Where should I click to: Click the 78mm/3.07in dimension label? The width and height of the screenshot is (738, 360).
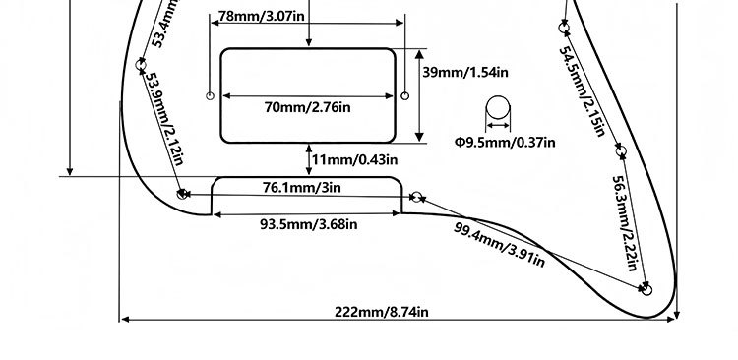(x=261, y=16)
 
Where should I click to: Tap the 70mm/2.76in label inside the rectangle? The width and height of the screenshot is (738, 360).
(x=307, y=107)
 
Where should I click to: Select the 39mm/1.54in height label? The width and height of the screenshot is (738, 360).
(x=465, y=73)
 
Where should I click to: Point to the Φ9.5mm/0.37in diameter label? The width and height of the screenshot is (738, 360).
(x=505, y=142)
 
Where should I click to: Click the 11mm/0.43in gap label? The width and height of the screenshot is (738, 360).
(x=354, y=160)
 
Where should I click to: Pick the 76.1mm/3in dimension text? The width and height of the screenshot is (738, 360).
(x=302, y=187)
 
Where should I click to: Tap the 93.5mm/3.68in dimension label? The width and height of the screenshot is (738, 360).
(x=309, y=224)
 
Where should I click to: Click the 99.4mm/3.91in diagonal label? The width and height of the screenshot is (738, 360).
(x=499, y=245)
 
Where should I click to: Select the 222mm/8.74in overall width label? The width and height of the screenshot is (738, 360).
(x=382, y=312)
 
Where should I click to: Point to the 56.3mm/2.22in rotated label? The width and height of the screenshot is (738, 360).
(x=625, y=223)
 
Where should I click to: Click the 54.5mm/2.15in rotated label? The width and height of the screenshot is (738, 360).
(x=582, y=91)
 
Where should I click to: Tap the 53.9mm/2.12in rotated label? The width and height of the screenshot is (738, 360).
(x=163, y=118)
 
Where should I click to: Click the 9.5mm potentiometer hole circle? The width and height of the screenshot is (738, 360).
(x=498, y=108)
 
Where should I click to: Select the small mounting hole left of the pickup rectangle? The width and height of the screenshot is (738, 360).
(x=211, y=96)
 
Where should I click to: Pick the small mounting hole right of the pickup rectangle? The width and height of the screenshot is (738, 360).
(x=404, y=96)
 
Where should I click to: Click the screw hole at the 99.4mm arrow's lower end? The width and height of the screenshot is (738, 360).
(x=647, y=290)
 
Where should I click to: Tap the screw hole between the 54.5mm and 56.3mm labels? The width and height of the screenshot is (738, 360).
(x=621, y=151)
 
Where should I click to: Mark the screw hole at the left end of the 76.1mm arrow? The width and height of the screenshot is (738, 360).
(x=182, y=194)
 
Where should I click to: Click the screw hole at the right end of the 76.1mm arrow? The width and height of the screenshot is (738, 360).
(x=416, y=197)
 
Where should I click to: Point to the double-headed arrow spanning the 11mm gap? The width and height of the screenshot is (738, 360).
(x=309, y=160)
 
